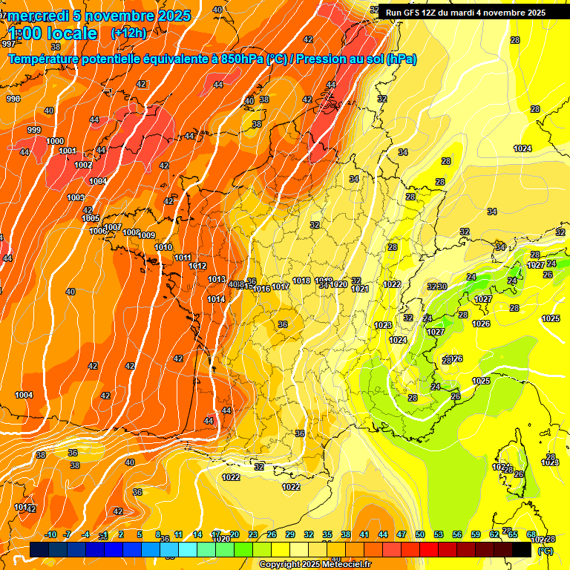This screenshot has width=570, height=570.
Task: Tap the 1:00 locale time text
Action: [x=53, y=33]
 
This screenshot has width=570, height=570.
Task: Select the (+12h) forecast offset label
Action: [x=128, y=33]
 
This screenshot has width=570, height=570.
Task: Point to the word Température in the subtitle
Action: [x=47, y=59]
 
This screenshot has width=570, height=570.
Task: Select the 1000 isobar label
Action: [x=55, y=141]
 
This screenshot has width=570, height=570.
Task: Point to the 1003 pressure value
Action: [x=76, y=198]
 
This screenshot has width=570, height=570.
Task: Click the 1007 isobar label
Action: [x=113, y=227]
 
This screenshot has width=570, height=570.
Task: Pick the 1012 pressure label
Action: [x=197, y=266]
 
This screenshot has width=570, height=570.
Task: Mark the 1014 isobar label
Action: [x=217, y=299]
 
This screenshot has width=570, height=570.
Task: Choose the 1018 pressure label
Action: [x=301, y=281]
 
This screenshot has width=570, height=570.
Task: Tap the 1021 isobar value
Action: [x=361, y=289]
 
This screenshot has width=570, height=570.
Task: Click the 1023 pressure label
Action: [x=383, y=325]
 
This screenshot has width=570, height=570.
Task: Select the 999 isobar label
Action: [x=34, y=130]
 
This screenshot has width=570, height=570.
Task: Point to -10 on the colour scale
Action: [x=50, y=534]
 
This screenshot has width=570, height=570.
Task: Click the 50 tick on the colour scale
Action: [x=420, y=534]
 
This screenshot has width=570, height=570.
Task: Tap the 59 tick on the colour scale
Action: [x=475, y=534]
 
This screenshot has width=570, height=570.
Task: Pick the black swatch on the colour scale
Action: [x=522, y=549]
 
